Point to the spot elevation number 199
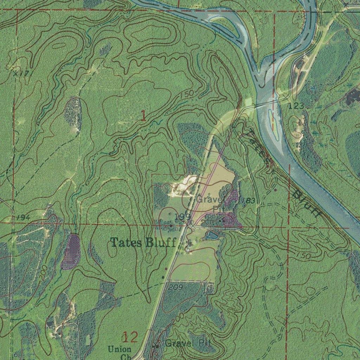point(182,216)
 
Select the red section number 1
point(143,116)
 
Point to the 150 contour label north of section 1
point(186,95)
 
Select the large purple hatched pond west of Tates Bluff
point(72,252)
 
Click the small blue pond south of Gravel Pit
point(212,235)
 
